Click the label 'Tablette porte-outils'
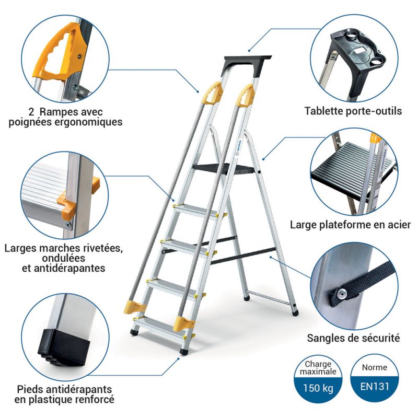pyautogui.click(x=353, y=111)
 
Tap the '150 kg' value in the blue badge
pyautogui.click(x=319, y=389)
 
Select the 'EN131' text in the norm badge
pyautogui.click(x=374, y=389)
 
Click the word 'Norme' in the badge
pyautogui.click(x=374, y=367)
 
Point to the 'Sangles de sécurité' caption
pyautogui.click(x=354, y=338)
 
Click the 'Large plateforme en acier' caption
pyautogui.click(x=351, y=225)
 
